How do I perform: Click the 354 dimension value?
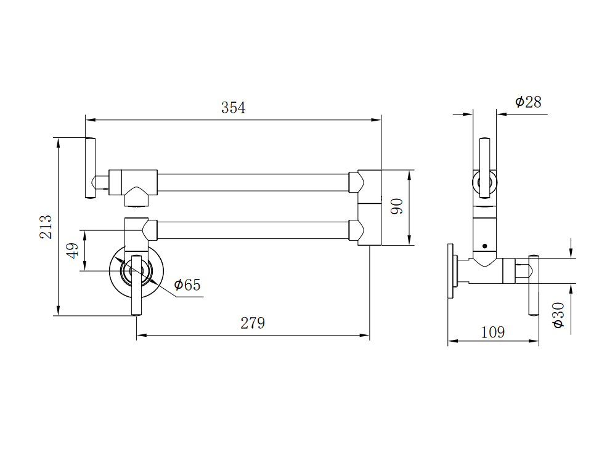233,108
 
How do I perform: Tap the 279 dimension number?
253,323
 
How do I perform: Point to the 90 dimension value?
397,206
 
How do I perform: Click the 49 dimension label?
73,251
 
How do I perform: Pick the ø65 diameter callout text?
187,285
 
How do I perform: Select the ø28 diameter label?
528,102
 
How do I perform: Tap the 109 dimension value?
492,332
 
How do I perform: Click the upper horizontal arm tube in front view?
253,183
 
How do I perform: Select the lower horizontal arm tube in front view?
253,230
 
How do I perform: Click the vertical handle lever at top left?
90,168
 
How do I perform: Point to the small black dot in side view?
484,246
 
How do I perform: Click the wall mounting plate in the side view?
452,271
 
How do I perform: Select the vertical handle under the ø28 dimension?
484,167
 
